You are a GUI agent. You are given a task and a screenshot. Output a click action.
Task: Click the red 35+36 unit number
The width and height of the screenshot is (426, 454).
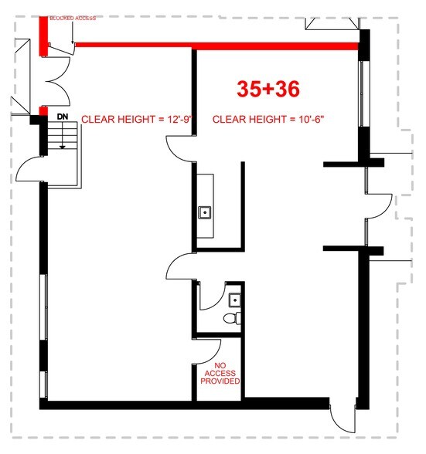tap(268, 89)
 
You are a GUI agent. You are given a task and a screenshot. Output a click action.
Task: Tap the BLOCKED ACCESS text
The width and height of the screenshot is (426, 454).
tap(73, 19)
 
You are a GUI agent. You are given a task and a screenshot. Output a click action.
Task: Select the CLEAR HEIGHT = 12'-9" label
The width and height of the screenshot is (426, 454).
tap(137, 119)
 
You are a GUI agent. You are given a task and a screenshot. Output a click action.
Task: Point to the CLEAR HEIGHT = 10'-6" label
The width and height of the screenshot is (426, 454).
tap(268, 119)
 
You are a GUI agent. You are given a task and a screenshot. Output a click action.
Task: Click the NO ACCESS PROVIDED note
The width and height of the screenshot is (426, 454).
tap(220, 374)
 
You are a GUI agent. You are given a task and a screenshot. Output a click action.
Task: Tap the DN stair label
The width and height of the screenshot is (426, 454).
tap(63, 117)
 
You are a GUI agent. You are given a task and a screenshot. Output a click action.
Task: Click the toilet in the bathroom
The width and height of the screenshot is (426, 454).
tap(232, 318)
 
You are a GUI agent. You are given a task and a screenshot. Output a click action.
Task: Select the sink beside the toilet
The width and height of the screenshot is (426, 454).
tap(234, 300)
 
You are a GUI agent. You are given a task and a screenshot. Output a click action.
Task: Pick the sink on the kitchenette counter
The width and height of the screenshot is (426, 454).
tap(205, 212)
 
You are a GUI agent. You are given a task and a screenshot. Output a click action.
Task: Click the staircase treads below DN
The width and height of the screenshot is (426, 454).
tap(63, 135)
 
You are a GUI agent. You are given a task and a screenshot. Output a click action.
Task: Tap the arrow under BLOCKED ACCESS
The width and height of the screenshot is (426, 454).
tap(73, 32)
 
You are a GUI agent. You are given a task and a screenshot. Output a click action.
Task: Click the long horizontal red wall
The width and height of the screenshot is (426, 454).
tap(217, 46)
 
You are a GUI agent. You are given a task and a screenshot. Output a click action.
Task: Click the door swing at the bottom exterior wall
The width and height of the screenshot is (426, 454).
tap(343, 420)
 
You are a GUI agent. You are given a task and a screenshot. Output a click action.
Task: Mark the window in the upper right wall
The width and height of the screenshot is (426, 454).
tap(362, 93)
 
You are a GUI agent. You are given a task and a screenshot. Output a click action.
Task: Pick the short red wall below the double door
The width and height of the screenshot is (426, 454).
tap(43, 111)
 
